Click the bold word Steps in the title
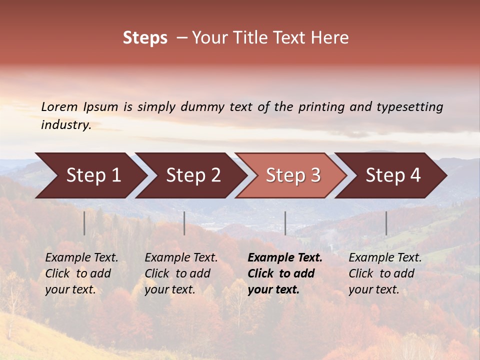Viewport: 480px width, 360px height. tap(145, 38)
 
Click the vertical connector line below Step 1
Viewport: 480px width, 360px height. tap(84, 223)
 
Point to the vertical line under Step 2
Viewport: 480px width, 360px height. tap(184, 223)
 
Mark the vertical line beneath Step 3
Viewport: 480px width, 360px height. tap(285, 223)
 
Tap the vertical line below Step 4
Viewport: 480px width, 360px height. tap(386, 223)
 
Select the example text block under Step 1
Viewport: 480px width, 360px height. tap(81, 273)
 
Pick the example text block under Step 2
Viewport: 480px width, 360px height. tap(181, 273)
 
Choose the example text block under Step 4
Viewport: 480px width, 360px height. tap(385, 273)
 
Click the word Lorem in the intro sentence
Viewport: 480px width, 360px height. tap(59, 106)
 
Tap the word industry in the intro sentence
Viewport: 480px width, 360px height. tap(66, 124)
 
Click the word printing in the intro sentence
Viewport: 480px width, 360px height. tap(321, 107)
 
